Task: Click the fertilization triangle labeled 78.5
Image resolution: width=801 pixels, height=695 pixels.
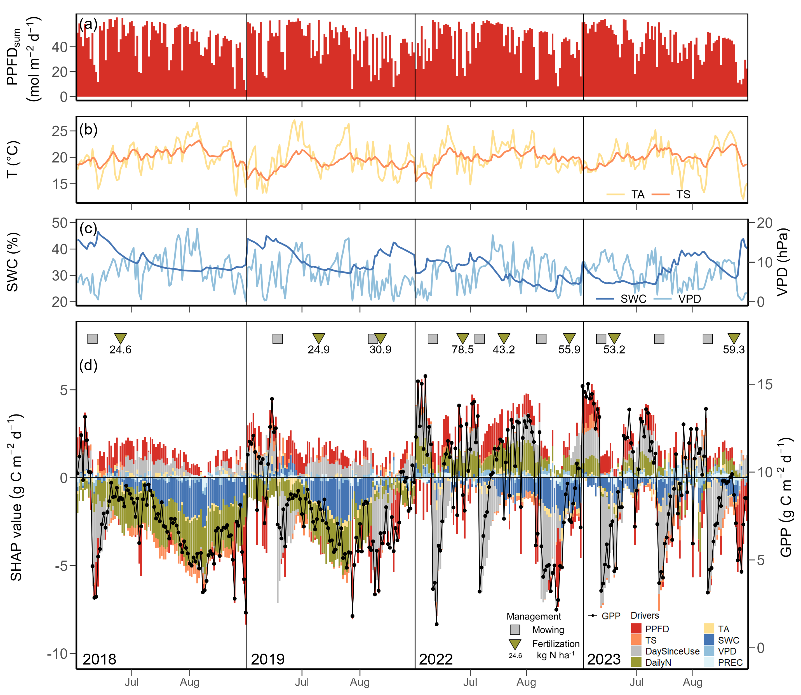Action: click(463, 338)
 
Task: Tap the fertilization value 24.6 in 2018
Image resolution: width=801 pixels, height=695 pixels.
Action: click(120, 350)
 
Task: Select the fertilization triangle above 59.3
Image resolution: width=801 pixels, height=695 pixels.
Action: click(734, 338)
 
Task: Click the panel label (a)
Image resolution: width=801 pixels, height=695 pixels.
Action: click(88, 25)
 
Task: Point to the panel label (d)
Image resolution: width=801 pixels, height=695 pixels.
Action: click(88, 365)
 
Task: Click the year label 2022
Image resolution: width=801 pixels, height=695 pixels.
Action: click(436, 659)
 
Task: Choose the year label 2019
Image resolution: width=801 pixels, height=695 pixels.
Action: click(268, 659)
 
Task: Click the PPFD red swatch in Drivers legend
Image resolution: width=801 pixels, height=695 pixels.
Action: click(636, 629)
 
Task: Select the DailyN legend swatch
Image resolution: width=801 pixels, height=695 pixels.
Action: click(636, 662)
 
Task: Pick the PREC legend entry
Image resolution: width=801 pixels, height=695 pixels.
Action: click(730, 663)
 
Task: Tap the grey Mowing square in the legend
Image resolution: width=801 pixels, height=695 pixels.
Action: click(515, 630)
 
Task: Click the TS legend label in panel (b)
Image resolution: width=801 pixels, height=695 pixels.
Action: click(683, 195)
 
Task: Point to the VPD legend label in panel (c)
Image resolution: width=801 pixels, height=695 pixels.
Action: click(689, 299)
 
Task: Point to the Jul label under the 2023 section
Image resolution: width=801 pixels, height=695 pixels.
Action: click(636, 682)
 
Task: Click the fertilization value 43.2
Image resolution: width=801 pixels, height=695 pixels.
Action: click(504, 350)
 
